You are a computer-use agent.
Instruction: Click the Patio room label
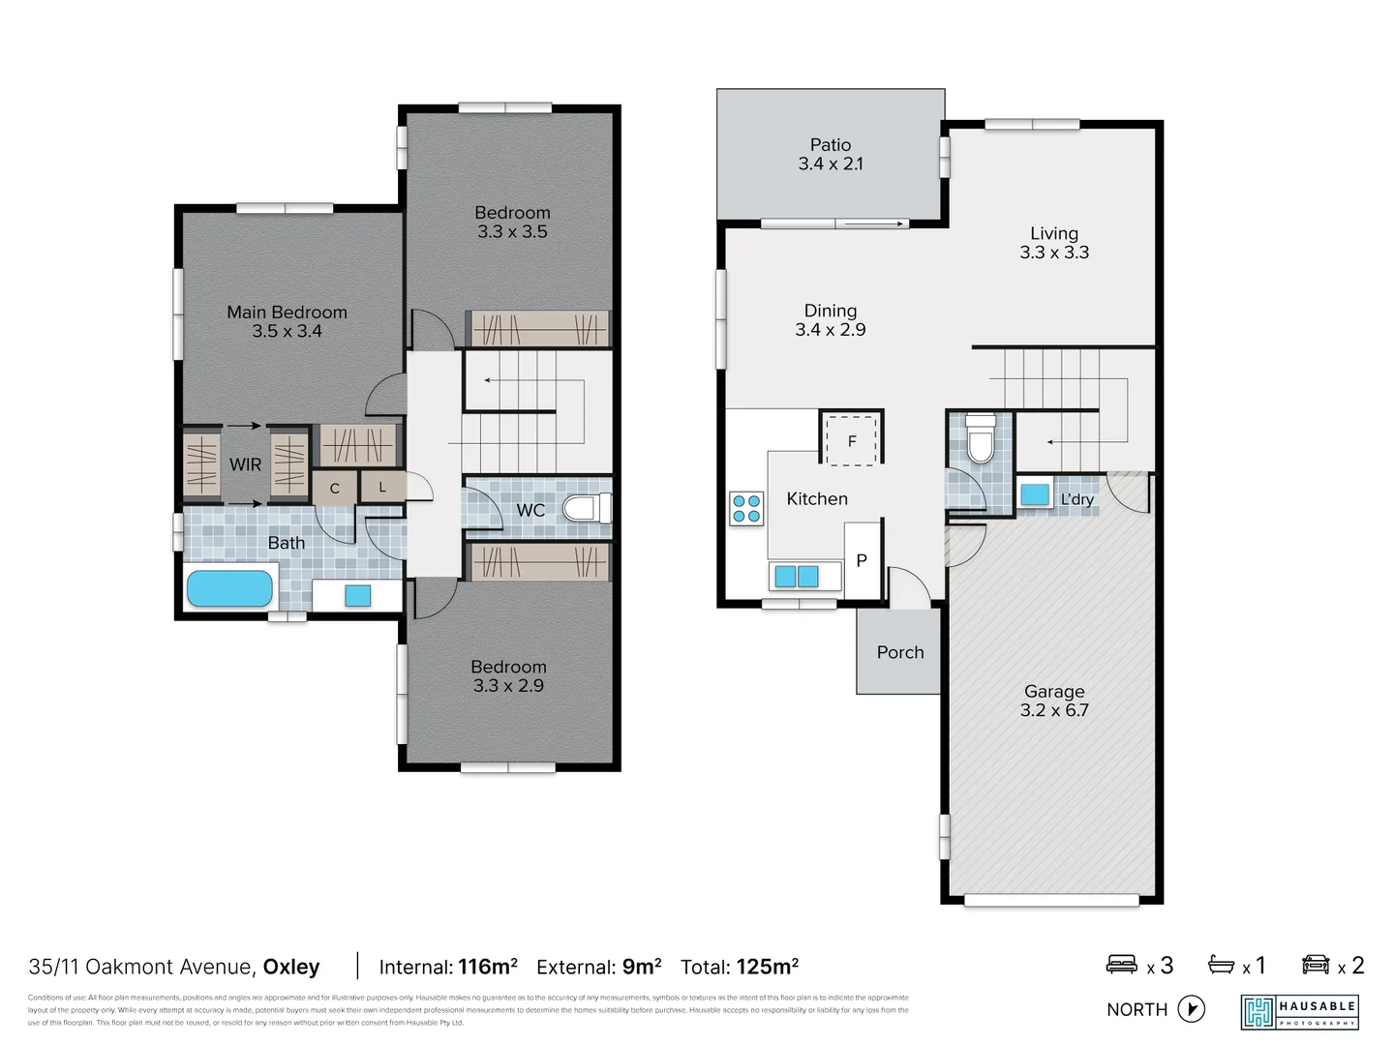[831, 154]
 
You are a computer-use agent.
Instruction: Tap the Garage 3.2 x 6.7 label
[1054, 701]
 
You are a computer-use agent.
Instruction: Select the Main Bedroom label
[287, 321]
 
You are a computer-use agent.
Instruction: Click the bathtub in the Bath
[229, 588]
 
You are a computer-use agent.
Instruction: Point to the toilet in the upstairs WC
[587, 508]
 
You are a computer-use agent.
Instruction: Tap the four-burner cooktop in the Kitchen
[746, 509]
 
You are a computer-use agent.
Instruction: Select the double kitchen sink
[796, 577]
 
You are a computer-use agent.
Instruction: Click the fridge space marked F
[852, 440]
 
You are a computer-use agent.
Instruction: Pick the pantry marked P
[862, 560]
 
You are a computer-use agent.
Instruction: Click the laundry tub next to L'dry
[1035, 494]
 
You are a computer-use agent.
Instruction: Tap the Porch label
[900, 652]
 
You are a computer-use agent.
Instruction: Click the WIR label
[245, 464]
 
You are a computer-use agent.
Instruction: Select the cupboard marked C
[334, 489]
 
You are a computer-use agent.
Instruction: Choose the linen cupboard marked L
[382, 487]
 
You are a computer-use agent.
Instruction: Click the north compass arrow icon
[1192, 1009]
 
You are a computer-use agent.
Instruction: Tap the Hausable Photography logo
[1300, 1012]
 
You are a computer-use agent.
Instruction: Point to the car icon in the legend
[1316, 965]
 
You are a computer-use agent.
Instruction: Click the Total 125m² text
[740, 967]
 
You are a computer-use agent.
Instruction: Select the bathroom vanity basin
[357, 595]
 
